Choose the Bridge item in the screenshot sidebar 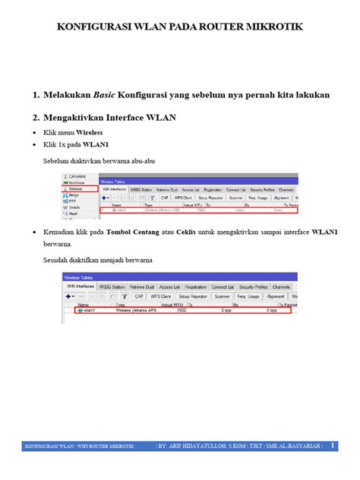point(74,194)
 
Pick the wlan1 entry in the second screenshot point(87,311)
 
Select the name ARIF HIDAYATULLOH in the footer point(199,445)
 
